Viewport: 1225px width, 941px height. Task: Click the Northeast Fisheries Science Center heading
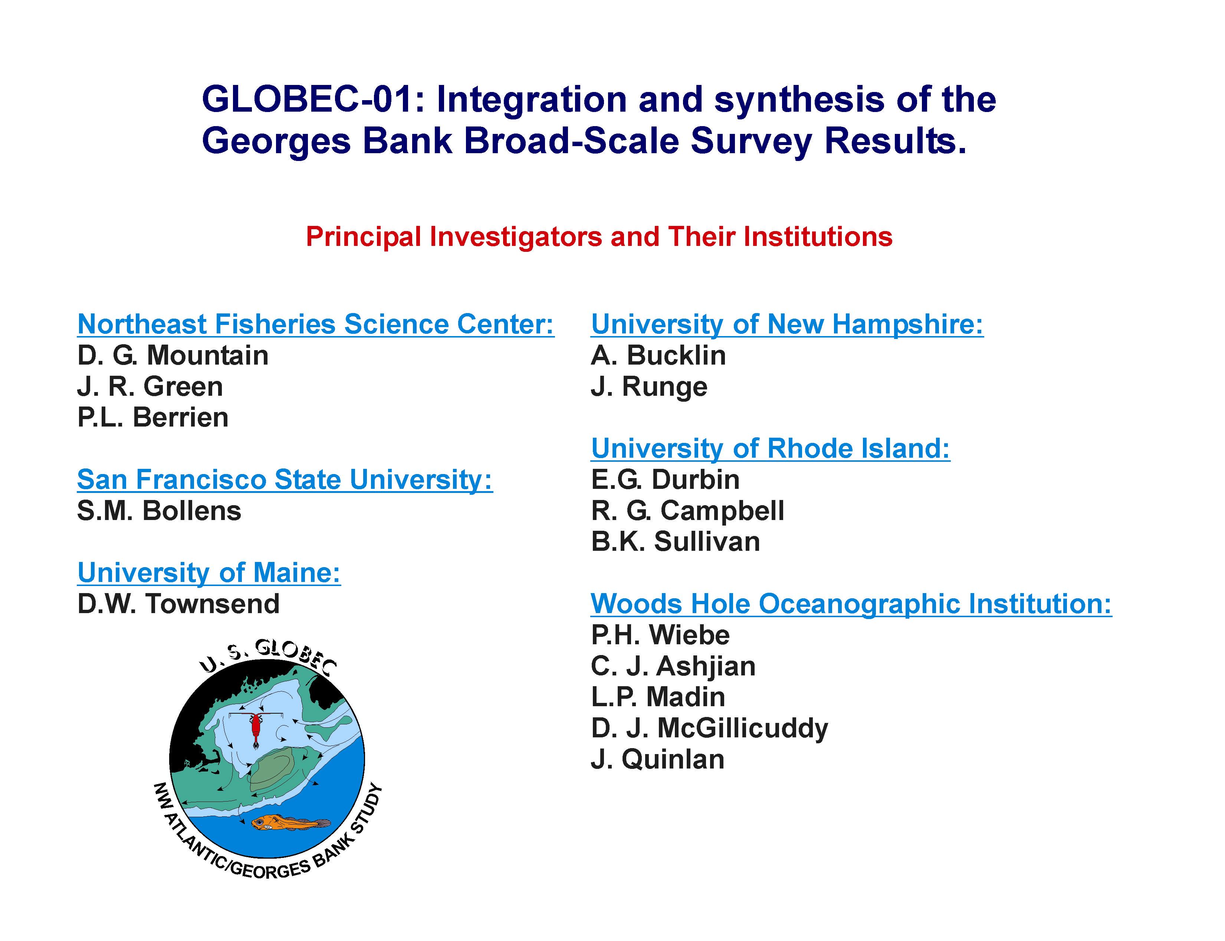click(315, 324)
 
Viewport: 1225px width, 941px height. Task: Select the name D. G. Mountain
click(173, 356)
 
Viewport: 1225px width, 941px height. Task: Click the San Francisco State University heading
click(285, 480)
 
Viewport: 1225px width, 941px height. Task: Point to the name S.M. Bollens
click(159, 511)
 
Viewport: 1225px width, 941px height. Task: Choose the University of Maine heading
click(209, 573)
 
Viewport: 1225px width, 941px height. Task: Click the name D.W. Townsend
click(178, 604)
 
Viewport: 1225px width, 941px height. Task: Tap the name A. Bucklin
click(658, 356)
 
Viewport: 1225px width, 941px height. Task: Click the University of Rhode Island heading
click(770, 449)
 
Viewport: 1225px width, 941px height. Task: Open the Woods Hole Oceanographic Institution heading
click(851, 604)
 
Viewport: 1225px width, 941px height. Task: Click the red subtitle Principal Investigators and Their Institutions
click(599, 237)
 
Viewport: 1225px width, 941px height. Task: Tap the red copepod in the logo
click(256, 729)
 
